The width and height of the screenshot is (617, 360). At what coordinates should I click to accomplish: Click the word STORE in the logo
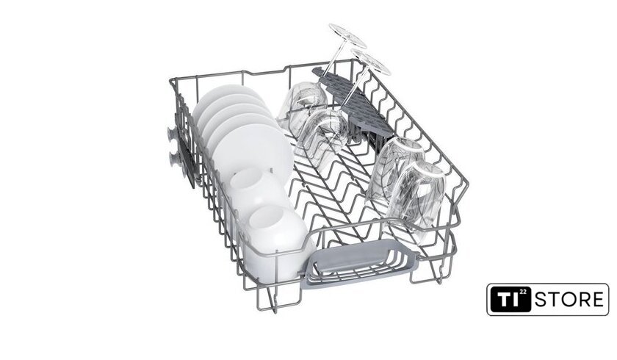569,300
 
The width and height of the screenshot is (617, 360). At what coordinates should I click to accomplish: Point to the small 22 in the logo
522,292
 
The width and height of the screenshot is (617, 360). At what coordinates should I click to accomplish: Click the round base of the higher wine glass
347,36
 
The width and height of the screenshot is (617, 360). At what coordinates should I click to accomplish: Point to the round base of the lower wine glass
370,62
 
